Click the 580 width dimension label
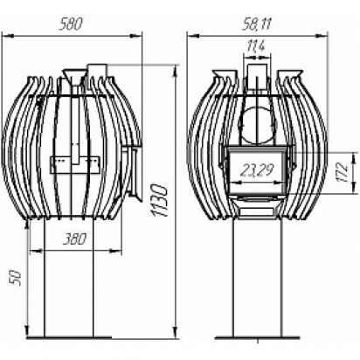[x=70, y=24]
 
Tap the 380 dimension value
[x=74, y=239]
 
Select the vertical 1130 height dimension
[x=161, y=200]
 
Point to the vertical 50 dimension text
[x=15, y=278]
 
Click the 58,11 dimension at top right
[x=256, y=24]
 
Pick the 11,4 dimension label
[x=256, y=46]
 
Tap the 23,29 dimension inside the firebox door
[x=257, y=172]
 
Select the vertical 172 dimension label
[x=343, y=172]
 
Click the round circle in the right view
[x=257, y=125]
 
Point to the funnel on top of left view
[x=75, y=77]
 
